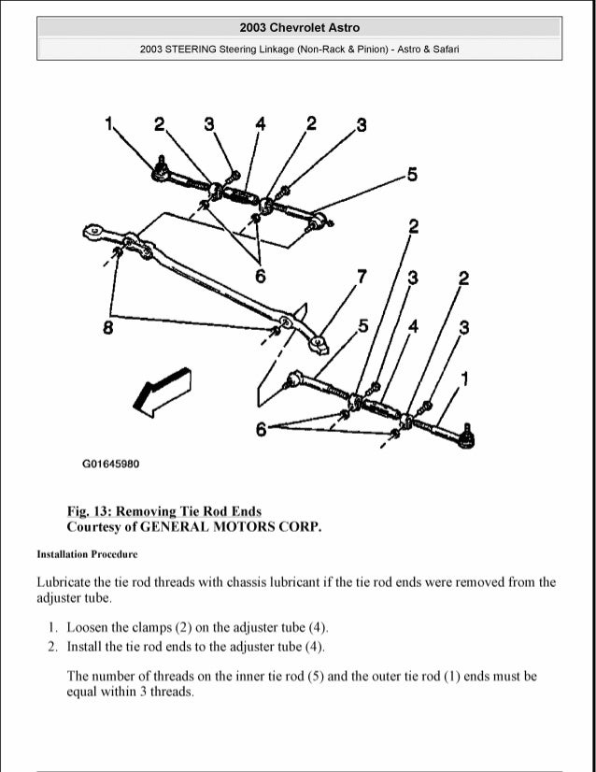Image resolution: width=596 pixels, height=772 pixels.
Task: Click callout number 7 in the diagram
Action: [362, 276]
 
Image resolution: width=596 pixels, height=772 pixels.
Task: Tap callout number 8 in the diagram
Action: [108, 328]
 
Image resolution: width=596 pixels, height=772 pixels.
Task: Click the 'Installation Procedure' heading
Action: [87, 554]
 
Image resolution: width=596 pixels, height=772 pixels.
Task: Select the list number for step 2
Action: [53, 646]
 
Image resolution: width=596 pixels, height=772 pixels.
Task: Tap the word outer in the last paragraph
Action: [403, 676]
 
